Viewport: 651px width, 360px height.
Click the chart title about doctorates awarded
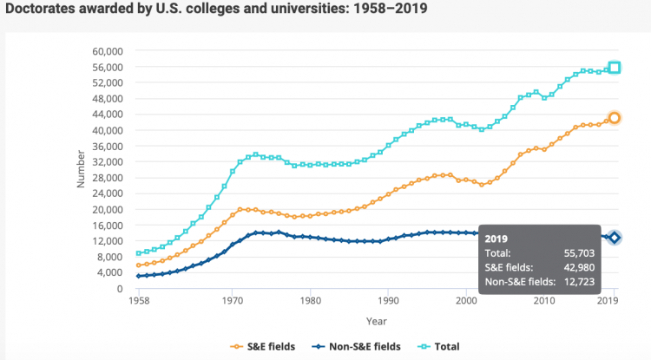217,10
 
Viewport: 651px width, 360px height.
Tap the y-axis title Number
81,169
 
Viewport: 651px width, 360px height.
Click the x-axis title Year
376,320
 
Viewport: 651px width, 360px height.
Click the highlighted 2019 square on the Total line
614,68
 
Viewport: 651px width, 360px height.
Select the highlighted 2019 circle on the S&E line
614,118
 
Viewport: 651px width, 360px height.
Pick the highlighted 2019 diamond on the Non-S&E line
614,238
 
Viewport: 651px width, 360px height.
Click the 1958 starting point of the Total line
139,253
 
